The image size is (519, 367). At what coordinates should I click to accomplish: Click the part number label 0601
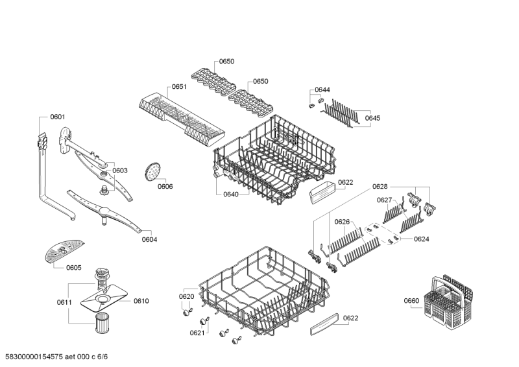pos(58,117)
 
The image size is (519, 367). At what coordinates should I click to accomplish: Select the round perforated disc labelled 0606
pos(152,171)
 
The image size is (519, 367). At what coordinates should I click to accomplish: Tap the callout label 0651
pos(179,87)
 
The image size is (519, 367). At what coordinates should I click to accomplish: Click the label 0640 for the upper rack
pos(231,195)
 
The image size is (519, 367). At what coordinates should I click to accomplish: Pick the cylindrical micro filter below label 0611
pos(102,323)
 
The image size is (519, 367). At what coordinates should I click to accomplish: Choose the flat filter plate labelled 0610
pos(104,298)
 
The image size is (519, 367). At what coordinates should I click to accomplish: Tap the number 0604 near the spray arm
pos(149,240)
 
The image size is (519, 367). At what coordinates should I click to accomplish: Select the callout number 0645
pos(372,118)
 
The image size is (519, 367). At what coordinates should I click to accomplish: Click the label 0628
pos(380,187)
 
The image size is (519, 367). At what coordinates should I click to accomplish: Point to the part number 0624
pos(421,239)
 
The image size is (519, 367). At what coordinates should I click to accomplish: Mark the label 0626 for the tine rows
pos(342,222)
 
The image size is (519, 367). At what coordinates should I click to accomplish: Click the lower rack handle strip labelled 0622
pos(324,324)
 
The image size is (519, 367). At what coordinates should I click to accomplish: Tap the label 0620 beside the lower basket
pos(186,296)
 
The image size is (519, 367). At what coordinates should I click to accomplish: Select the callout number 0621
pos(197,333)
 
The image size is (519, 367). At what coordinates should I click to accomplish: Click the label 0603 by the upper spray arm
pos(119,171)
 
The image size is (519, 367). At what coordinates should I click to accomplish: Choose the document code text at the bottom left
pos(54,357)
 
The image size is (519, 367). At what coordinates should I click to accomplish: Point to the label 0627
pos(384,200)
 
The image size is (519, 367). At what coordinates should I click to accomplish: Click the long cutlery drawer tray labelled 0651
pos(182,119)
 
